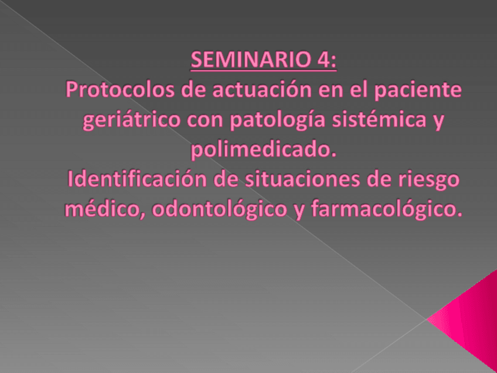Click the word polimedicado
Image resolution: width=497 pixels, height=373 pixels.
(x=265, y=150)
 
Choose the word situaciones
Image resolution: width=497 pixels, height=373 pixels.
(x=305, y=180)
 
